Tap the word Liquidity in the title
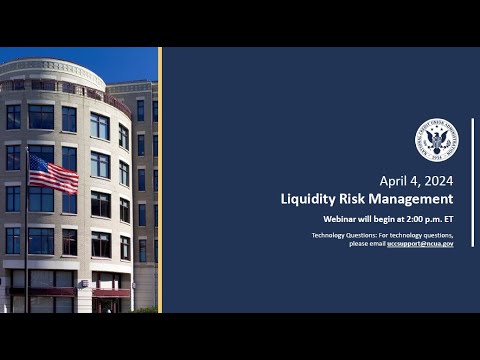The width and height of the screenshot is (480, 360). [307, 199]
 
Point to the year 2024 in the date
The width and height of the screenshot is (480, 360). [434, 181]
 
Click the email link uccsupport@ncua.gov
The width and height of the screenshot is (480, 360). [420, 243]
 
